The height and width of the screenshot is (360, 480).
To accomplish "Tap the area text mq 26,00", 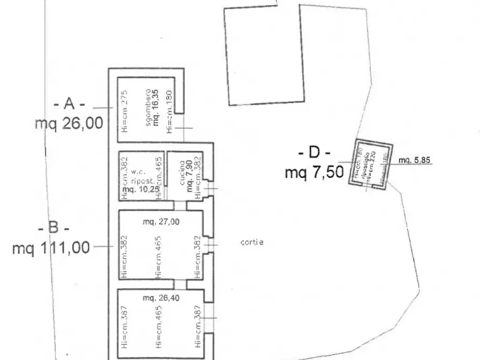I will click(x=69, y=124).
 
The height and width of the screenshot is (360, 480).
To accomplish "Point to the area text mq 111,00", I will click(x=51, y=248).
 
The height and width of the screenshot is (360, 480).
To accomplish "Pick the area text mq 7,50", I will click(x=314, y=172).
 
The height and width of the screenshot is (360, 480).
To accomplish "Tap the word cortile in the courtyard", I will click(x=252, y=242).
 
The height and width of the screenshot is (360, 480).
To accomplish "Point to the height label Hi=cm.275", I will click(x=124, y=111).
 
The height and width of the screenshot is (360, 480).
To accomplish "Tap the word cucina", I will click(x=182, y=172).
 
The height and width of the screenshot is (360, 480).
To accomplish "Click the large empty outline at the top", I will click(x=263, y=54).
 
